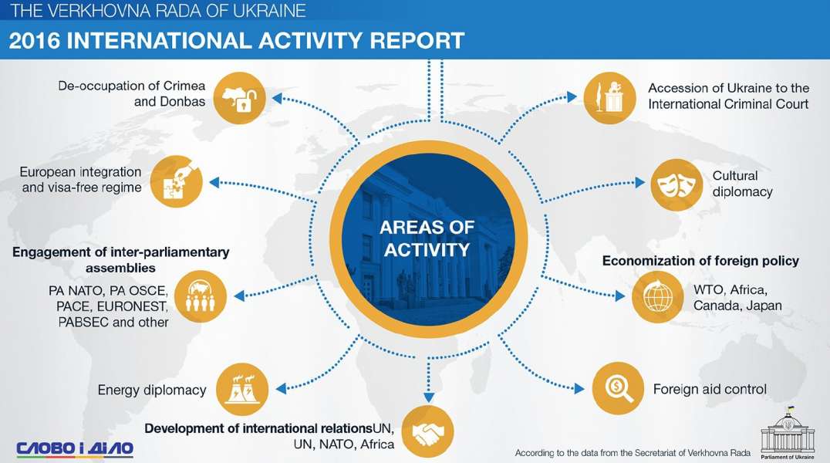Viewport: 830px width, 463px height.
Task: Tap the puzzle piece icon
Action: click(x=177, y=181)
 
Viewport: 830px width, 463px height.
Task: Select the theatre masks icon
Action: click(x=676, y=185)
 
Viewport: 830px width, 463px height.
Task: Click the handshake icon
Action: click(x=427, y=431)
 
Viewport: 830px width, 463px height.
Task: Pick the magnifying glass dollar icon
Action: click(x=618, y=388)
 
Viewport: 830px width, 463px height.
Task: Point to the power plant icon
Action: click(x=242, y=390)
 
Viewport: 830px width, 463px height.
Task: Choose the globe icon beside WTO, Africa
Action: click(x=658, y=296)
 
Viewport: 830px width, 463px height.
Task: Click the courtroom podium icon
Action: click(x=610, y=98)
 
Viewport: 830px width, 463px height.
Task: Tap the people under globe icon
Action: click(x=200, y=296)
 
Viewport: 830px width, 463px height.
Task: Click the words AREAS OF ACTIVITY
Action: click(x=427, y=238)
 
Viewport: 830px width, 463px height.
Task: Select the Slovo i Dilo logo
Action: click(x=75, y=448)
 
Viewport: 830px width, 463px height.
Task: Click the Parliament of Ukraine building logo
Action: click(x=788, y=434)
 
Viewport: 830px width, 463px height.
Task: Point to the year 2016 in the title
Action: click(x=35, y=41)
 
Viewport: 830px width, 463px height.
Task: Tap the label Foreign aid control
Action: click(x=710, y=390)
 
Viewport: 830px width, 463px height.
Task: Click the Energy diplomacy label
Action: click(x=152, y=390)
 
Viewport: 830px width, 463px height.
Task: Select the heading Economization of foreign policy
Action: click(x=700, y=261)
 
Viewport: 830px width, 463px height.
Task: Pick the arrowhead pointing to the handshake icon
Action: click(x=429, y=398)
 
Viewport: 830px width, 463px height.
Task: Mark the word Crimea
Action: click(x=184, y=86)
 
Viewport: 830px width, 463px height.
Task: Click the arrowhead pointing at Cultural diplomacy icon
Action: click(x=640, y=183)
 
